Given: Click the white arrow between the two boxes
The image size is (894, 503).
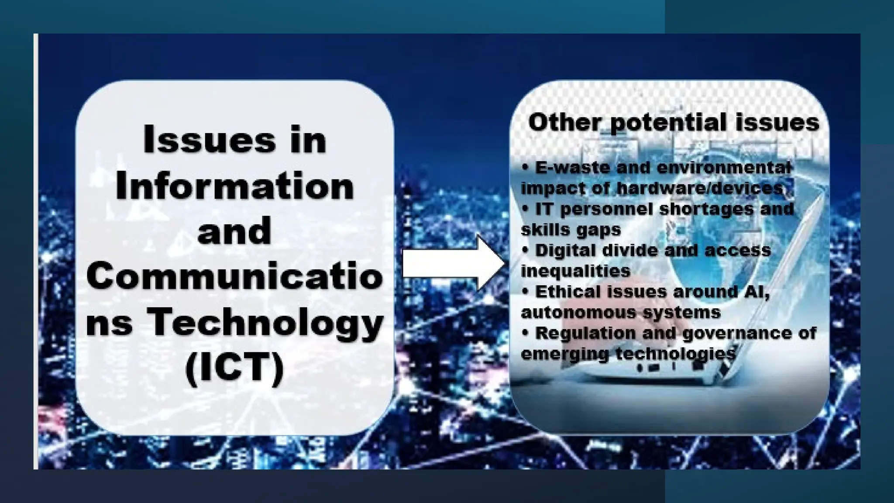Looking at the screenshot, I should (x=454, y=263).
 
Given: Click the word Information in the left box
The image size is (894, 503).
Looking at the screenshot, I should (x=235, y=186).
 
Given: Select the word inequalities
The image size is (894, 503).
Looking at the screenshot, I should (x=575, y=271).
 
